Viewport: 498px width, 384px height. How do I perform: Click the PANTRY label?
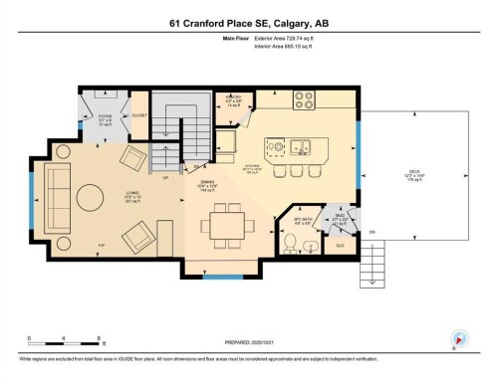coord(235,100)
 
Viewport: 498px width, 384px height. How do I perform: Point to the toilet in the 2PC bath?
coord(312,247)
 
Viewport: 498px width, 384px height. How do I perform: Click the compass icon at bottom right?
coord(459,339)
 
